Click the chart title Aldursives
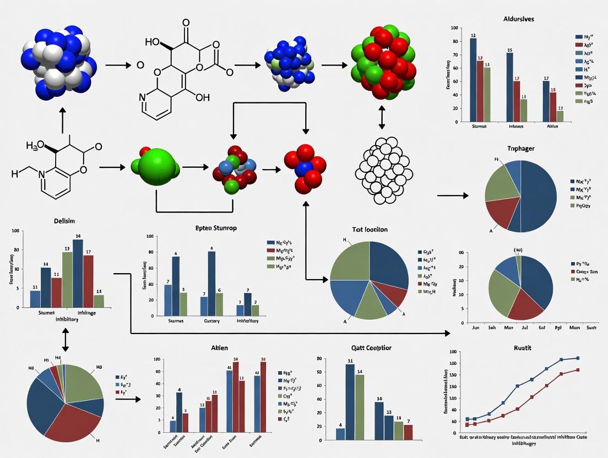pos(518,19)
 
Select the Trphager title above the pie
pos(521,149)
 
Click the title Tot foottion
pos(370,229)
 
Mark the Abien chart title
pos(219,348)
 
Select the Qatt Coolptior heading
pos(371,348)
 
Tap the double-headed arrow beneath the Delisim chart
pos(66,340)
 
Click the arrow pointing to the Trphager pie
pos(453,195)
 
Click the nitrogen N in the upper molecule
pos(143,97)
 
